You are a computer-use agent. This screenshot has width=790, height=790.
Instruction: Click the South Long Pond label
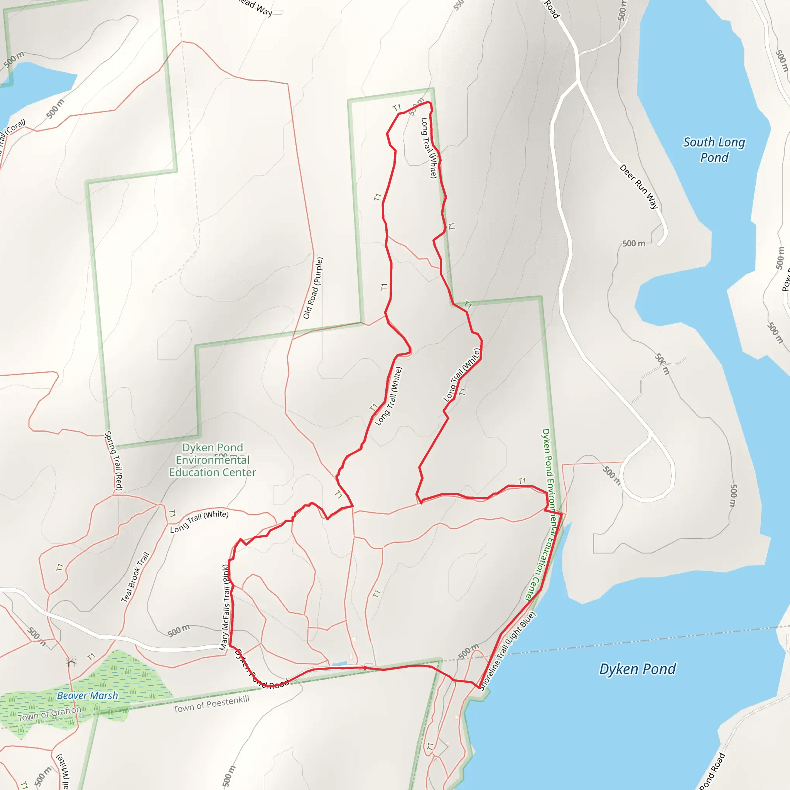(x=714, y=150)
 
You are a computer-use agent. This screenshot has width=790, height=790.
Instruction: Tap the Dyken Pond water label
(x=637, y=669)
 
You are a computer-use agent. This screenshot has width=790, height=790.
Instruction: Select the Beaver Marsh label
(x=87, y=695)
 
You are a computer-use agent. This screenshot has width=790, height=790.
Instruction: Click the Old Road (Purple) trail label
(x=313, y=288)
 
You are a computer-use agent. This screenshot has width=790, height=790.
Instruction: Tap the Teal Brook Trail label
(x=135, y=577)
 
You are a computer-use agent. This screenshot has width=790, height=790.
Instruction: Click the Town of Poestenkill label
(x=211, y=704)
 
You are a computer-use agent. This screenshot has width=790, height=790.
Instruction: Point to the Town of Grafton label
(x=49, y=714)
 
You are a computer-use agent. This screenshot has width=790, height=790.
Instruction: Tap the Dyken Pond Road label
(x=262, y=670)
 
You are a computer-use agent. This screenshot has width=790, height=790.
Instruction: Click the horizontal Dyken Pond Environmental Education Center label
(x=213, y=460)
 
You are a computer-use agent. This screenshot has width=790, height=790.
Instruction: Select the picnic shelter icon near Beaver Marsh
(x=72, y=661)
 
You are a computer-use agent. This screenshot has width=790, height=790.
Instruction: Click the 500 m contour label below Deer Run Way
(x=634, y=244)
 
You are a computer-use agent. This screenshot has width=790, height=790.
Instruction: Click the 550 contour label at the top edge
(x=459, y=5)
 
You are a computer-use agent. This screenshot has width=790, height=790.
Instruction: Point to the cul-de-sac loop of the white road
(x=648, y=474)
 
